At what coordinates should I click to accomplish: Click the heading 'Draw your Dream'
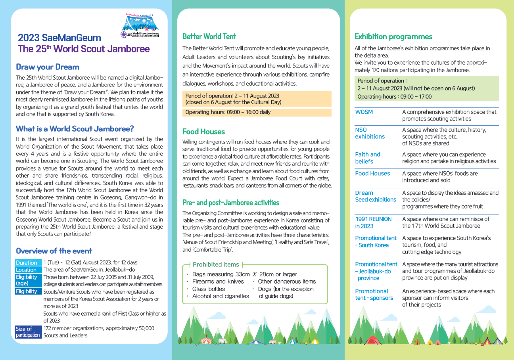(48, 67)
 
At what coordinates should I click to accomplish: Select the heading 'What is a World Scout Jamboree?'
(75, 129)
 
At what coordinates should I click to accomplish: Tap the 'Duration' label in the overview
(27, 263)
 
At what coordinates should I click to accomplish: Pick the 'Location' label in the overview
(26, 270)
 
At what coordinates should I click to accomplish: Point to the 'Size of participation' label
(28, 332)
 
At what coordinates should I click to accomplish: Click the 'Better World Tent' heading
(209, 36)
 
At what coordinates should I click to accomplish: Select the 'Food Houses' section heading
(203, 132)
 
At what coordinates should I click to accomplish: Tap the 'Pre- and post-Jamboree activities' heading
(231, 203)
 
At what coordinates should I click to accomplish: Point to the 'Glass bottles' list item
(208, 289)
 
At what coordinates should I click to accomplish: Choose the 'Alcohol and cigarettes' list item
(221, 296)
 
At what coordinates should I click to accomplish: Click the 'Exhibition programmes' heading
(393, 36)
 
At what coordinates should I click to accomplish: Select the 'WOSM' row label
(364, 112)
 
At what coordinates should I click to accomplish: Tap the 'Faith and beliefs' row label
(367, 158)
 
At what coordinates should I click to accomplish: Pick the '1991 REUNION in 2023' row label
(373, 222)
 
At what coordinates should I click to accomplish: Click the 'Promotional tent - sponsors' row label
(374, 295)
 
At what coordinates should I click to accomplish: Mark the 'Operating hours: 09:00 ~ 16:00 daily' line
(228, 112)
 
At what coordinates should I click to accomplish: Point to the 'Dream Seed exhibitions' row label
(375, 196)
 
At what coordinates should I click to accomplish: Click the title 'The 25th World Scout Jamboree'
(84, 49)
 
